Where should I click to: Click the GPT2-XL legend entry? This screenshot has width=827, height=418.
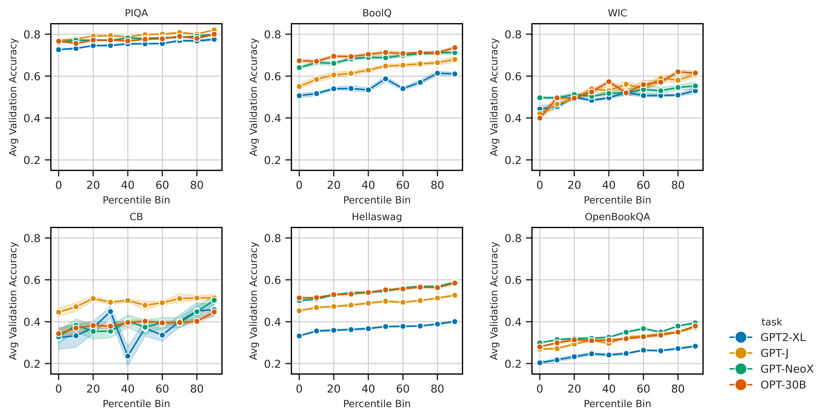[783, 337]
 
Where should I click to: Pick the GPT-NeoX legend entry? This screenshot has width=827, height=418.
[787, 369]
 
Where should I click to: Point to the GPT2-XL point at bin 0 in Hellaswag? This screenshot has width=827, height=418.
[299, 336]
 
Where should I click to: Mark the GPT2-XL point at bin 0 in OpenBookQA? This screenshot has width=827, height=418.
[540, 363]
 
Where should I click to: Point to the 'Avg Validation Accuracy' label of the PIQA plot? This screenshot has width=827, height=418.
[13, 97]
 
